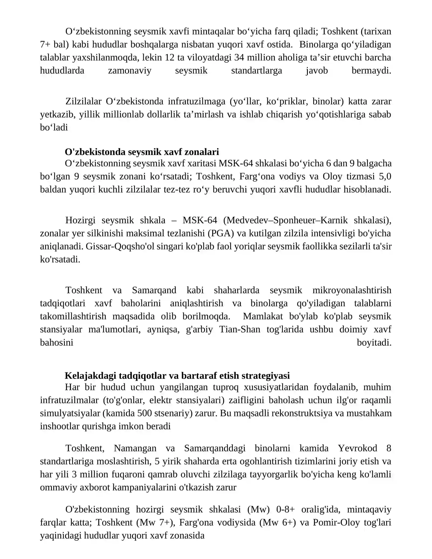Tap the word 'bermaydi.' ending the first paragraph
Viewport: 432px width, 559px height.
pyautogui.click(x=371, y=71)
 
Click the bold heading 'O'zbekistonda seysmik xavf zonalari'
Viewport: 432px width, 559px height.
pyautogui.click(x=142, y=152)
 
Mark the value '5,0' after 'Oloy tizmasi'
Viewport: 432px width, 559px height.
pyautogui.click(x=385, y=176)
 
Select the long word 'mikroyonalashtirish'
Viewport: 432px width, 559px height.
pyautogui.click(x=352, y=290)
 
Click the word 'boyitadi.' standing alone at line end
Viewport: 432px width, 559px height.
pyautogui.click(x=374, y=343)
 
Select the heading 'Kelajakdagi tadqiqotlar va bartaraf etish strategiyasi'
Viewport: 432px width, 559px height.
pyautogui.click(x=177, y=376)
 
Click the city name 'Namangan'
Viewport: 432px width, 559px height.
pyautogui.click(x=135, y=448)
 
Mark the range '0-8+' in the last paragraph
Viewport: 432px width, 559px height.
pyautogui.click(x=285, y=509)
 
